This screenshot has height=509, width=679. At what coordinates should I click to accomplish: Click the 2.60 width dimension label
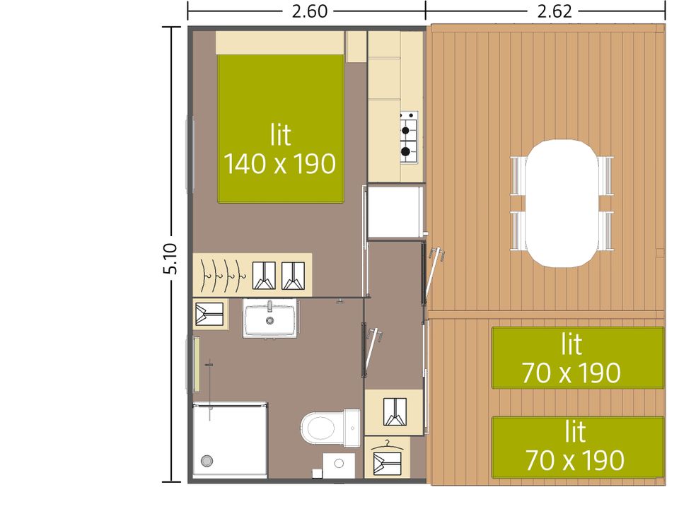(x=309, y=11)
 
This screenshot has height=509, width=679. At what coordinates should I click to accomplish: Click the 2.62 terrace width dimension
(x=555, y=11)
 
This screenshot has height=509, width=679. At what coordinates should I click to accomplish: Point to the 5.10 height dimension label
(x=170, y=259)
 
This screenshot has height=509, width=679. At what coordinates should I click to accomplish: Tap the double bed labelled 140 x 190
(x=281, y=129)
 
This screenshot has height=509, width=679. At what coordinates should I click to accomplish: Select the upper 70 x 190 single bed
(x=578, y=358)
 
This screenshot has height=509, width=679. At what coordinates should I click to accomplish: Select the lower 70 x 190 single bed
(x=578, y=447)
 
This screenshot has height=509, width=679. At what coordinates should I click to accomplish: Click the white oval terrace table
(x=562, y=204)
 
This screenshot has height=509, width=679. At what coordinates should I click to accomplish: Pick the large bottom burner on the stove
(x=405, y=151)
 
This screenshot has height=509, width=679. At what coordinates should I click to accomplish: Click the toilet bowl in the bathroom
(x=319, y=428)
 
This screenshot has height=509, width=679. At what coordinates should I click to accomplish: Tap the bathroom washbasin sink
(x=269, y=319)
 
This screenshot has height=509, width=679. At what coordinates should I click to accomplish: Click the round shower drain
(x=207, y=460)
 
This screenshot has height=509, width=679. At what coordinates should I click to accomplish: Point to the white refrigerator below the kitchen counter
(x=395, y=212)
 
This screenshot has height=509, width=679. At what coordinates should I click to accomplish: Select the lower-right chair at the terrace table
(x=606, y=230)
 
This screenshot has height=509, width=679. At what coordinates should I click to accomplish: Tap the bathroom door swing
(x=371, y=350)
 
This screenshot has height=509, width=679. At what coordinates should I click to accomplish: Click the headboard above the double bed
(x=280, y=42)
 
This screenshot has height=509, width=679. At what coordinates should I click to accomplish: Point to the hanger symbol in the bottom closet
(x=387, y=445)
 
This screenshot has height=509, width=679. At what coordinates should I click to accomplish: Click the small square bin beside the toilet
(x=318, y=473)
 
